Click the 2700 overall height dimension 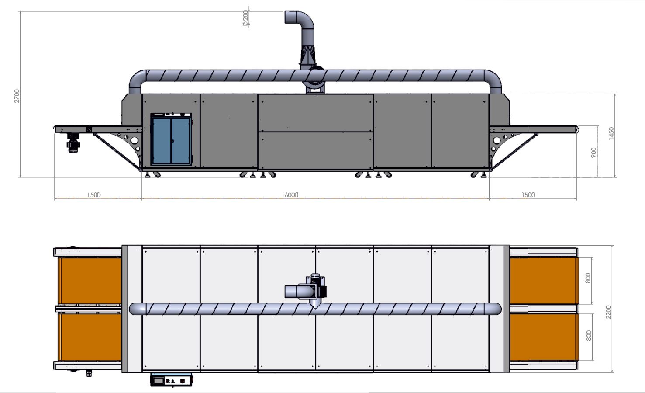tap(17, 96)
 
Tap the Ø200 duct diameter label tap(245, 19)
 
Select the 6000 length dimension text tap(291, 195)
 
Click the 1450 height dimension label tap(611, 133)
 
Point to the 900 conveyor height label tap(593, 153)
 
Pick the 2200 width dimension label tap(608, 312)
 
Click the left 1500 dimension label tap(94, 195)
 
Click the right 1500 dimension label tap(528, 195)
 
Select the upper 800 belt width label tap(588, 278)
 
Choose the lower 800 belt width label tap(589, 336)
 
